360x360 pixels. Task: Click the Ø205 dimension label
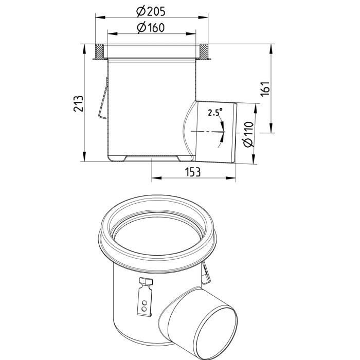click(151, 11)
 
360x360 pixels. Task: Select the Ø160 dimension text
click(151, 28)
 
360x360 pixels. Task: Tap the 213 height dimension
click(78, 104)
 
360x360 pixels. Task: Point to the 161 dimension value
click(265, 89)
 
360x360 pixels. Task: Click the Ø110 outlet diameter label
click(248, 134)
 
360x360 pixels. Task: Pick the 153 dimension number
click(193, 172)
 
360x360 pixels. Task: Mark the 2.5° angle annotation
click(215, 112)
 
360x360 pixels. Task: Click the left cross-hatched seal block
click(99, 51)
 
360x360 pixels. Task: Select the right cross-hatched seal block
click(204, 51)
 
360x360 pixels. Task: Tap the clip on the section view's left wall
click(103, 98)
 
